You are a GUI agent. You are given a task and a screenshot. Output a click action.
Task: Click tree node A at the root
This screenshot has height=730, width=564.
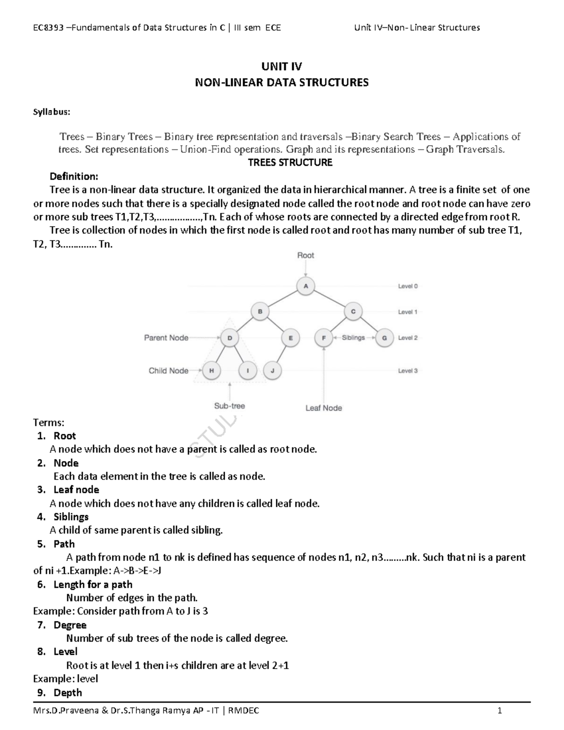pos(306,286)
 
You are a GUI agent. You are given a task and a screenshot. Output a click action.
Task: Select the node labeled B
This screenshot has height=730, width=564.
pos(260,311)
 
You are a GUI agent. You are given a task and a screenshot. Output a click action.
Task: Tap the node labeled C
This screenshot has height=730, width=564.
pos(353,311)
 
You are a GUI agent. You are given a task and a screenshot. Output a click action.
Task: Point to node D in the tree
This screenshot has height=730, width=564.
pos(229,338)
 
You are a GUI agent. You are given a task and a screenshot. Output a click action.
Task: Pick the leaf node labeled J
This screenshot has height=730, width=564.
pos(272,370)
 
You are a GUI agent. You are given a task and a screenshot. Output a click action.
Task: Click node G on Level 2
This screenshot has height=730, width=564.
pos(384,338)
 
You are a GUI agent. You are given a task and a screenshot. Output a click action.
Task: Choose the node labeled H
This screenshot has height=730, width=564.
pos(211,370)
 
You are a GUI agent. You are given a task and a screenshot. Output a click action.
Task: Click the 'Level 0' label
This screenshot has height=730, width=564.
pos(407,286)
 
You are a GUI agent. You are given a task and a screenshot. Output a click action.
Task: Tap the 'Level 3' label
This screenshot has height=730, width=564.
pos(407,370)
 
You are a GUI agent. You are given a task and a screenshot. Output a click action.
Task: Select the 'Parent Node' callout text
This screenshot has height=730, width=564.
pos(166,338)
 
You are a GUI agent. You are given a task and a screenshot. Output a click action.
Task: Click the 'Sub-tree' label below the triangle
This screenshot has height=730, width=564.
pos(229,406)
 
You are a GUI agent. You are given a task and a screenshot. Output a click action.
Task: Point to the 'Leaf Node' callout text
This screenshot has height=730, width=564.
pos(323,408)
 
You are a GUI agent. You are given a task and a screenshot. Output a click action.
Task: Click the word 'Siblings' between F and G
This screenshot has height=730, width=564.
pos(353,338)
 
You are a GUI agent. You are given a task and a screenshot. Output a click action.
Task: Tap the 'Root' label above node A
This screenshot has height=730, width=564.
pos(305,255)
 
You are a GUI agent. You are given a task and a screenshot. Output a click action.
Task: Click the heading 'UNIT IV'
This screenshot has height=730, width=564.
pos(282,66)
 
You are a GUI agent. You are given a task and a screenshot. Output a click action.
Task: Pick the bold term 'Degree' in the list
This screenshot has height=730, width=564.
pos(70,625)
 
